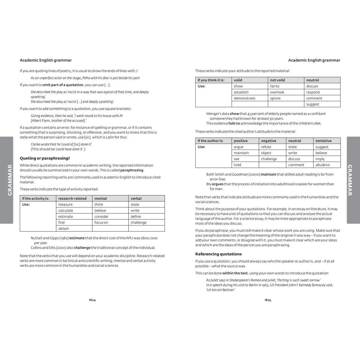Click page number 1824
tap(92, 300)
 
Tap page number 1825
tap(268, 300)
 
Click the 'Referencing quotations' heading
tap(218, 254)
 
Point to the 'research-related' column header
tap(72, 198)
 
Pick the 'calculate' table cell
tap(66, 211)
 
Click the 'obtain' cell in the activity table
tap(64, 229)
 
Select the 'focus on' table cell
tap(101, 223)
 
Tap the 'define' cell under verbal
tap(136, 217)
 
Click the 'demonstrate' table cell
tap(244, 98)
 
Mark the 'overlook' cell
tap(277, 92)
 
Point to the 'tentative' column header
tap(323, 141)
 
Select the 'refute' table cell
tap(266, 147)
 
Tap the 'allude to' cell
tap(322, 165)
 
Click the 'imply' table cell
tap(320, 159)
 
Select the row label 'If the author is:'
tap(210, 141)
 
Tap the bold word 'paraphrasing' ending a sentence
tap(132, 170)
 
